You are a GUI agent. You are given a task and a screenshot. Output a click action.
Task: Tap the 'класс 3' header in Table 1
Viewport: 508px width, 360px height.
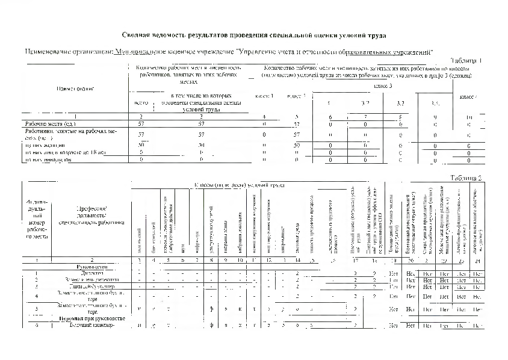(383, 86)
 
